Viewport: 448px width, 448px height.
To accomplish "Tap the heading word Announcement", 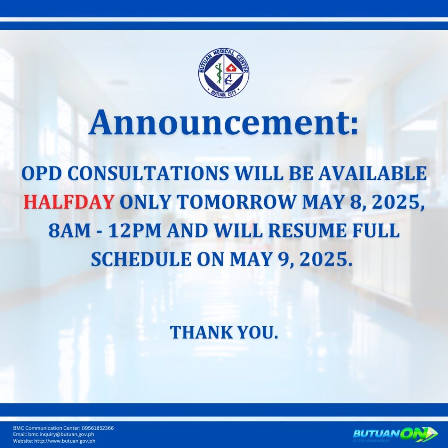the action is [x=224, y=123].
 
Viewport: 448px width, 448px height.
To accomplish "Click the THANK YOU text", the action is [x=224, y=332].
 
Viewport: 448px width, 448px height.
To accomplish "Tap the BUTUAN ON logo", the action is [x=395, y=434].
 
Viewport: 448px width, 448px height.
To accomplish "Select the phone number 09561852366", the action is [x=98, y=428].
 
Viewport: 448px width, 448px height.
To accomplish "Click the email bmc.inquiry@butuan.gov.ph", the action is [x=61, y=434].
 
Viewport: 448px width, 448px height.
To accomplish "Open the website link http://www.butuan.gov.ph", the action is [x=65, y=441].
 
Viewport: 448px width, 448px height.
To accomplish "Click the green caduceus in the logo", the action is [x=219, y=73].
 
